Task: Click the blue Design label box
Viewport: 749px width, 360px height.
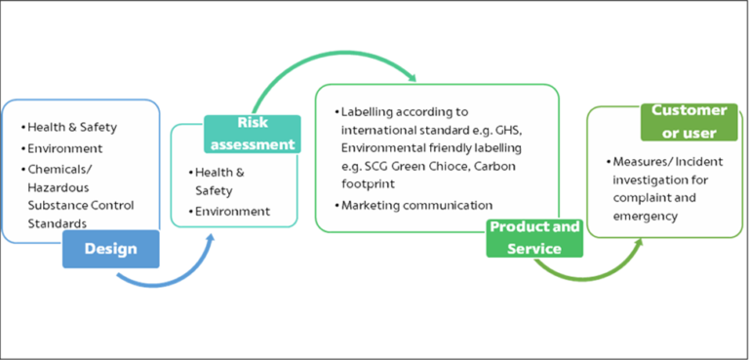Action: pyautogui.click(x=110, y=249)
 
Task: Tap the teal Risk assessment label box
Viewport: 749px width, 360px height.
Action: pyautogui.click(x=252, y=134)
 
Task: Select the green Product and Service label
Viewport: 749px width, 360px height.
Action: pyautogui.click(x=533, y=237)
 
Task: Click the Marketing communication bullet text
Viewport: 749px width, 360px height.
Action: pyautogui.click(x=416, y=205)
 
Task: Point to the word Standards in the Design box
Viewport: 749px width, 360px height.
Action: pyautogui.click(x=56, y=223)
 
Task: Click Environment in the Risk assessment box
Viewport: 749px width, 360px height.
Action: pyautogui.click(x=232, y=211)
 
